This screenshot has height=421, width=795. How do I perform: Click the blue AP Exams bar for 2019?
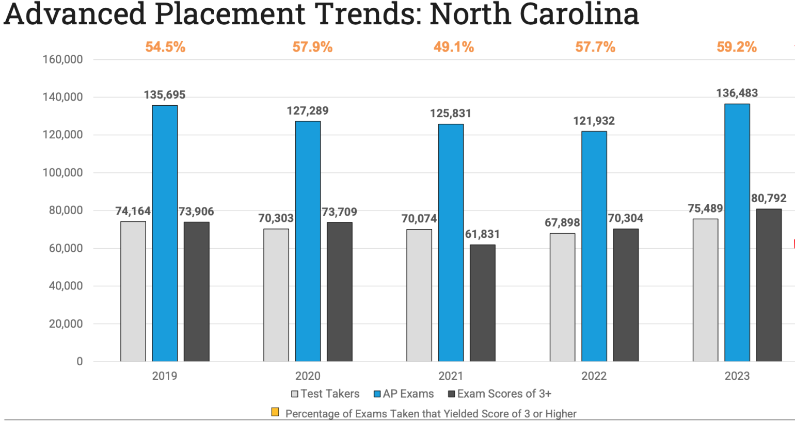(165, 233)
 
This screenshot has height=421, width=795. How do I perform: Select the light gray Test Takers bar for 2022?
(562, 297)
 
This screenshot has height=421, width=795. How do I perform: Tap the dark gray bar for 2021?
(482, 303)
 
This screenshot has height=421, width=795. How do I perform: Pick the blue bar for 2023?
(737, 233)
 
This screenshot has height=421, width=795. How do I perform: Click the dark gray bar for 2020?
(339, 292)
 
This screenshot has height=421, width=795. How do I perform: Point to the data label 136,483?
(737, 93)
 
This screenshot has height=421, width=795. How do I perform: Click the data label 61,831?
(482, 234)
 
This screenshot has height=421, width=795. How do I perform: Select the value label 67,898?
(562, 223)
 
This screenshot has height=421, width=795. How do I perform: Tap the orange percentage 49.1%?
(453, 47)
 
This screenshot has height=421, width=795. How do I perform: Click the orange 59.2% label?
(736, 47)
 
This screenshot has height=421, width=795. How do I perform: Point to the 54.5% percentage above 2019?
(165, 47)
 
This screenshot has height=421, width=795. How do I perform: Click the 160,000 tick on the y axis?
(62, 59)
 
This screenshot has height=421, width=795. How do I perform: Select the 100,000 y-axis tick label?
(62, 173)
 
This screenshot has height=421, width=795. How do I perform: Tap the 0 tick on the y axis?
(79, 362)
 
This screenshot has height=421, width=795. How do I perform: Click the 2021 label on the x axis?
(451, 376)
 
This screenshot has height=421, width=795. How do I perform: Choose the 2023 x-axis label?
(737, 376)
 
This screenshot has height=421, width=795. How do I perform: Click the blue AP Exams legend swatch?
(377, 394)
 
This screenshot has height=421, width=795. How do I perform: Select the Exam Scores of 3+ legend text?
(504, 394)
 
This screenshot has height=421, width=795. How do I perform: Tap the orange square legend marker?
(275, 412)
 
